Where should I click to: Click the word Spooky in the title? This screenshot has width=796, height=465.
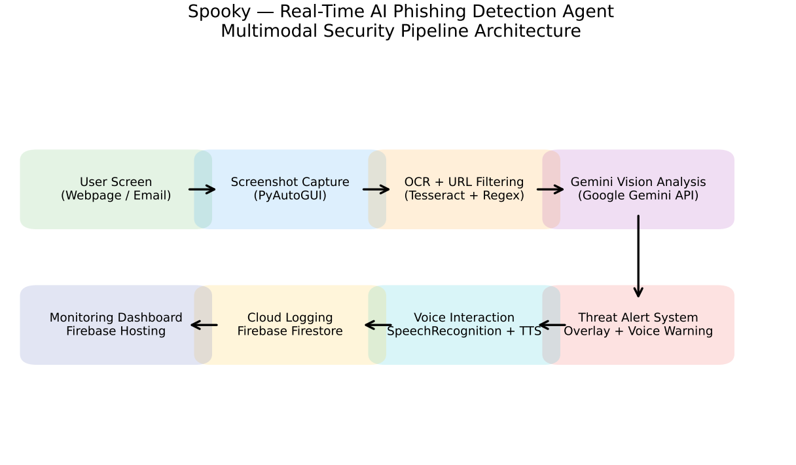(219, 12)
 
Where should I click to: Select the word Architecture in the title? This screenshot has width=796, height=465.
(528, 31)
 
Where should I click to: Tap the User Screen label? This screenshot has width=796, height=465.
(116, 182)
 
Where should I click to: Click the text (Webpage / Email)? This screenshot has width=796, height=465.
(116, 196)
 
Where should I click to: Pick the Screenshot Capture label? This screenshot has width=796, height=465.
(290, 182)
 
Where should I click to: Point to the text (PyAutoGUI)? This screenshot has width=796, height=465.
(290, 196)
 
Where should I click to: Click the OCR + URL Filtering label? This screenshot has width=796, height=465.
(464, 182)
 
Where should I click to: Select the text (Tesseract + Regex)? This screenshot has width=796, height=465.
(464, 196)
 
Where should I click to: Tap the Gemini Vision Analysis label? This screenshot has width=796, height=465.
(638, 182)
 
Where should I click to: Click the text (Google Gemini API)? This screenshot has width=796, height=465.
(638, 196)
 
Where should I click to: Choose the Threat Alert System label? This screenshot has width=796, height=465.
(638, 318)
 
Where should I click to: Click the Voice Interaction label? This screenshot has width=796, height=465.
(464, 318)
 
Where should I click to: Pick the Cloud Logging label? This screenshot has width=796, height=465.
(290, 318)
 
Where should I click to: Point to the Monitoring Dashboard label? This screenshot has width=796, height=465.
(116, 318)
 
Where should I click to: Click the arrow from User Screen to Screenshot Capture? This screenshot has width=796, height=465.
(202, 189)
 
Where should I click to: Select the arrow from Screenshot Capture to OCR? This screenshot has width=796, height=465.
(376, 189)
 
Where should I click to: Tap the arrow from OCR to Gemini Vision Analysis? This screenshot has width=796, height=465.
(550, 189)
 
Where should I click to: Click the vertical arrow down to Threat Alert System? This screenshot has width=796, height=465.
(638, 256)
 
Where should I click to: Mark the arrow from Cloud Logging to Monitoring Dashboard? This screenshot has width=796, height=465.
(204, 325)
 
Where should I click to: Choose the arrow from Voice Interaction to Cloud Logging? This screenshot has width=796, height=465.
(378, 325)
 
